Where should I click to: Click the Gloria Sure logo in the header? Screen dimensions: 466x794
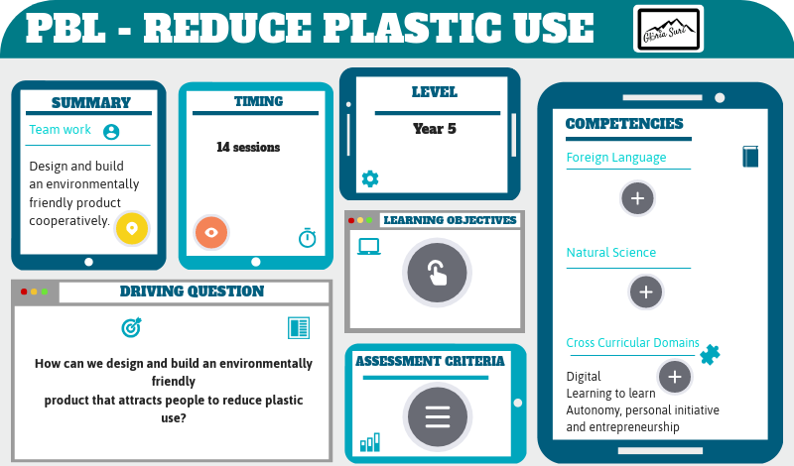pyautogui.click(x=668, y=29)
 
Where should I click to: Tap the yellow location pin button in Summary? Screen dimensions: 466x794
pyautogui.click(x=131, y=228)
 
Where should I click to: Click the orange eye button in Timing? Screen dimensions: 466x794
pyautogui.click(x=210, y=232)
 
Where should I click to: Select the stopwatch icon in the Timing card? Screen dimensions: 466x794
pyautogui.click(x=308, y=238)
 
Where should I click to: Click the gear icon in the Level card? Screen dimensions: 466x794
pyautogui.click(x=370, y=178)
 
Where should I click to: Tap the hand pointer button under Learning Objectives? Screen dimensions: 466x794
pyautogui.click(x=437, y=273)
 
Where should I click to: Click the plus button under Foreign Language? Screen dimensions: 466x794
pyautogui.click(x=637, y=198)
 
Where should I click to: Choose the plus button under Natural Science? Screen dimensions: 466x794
pyautogui.click(x=646, y=291)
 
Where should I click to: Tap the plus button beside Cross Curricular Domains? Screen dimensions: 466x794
pyautogui.click(x=675, y=377)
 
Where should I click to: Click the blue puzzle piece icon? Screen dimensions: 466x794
pyautogui.click(x=710, y=353)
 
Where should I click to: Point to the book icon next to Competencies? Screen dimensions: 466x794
pyautogui.click(x=750, y=157)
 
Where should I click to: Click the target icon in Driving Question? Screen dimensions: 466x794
pyautogui.click(x=131, y=326)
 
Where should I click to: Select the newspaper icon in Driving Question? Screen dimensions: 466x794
pyautogui.click(x=298, y=328)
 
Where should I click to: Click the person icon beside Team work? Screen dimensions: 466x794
pyautogui.click(x=111, y=131)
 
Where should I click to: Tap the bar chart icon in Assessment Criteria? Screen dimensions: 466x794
pyautogui.click(x=370, y=441)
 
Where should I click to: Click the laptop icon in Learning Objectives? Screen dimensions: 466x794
pyautogui.click(x=369, y=247)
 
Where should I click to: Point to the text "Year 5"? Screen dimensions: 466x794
pyautogui.click(x=434, y=129)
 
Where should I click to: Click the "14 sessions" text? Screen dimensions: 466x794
pyautogui.click(x=248, y=147)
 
